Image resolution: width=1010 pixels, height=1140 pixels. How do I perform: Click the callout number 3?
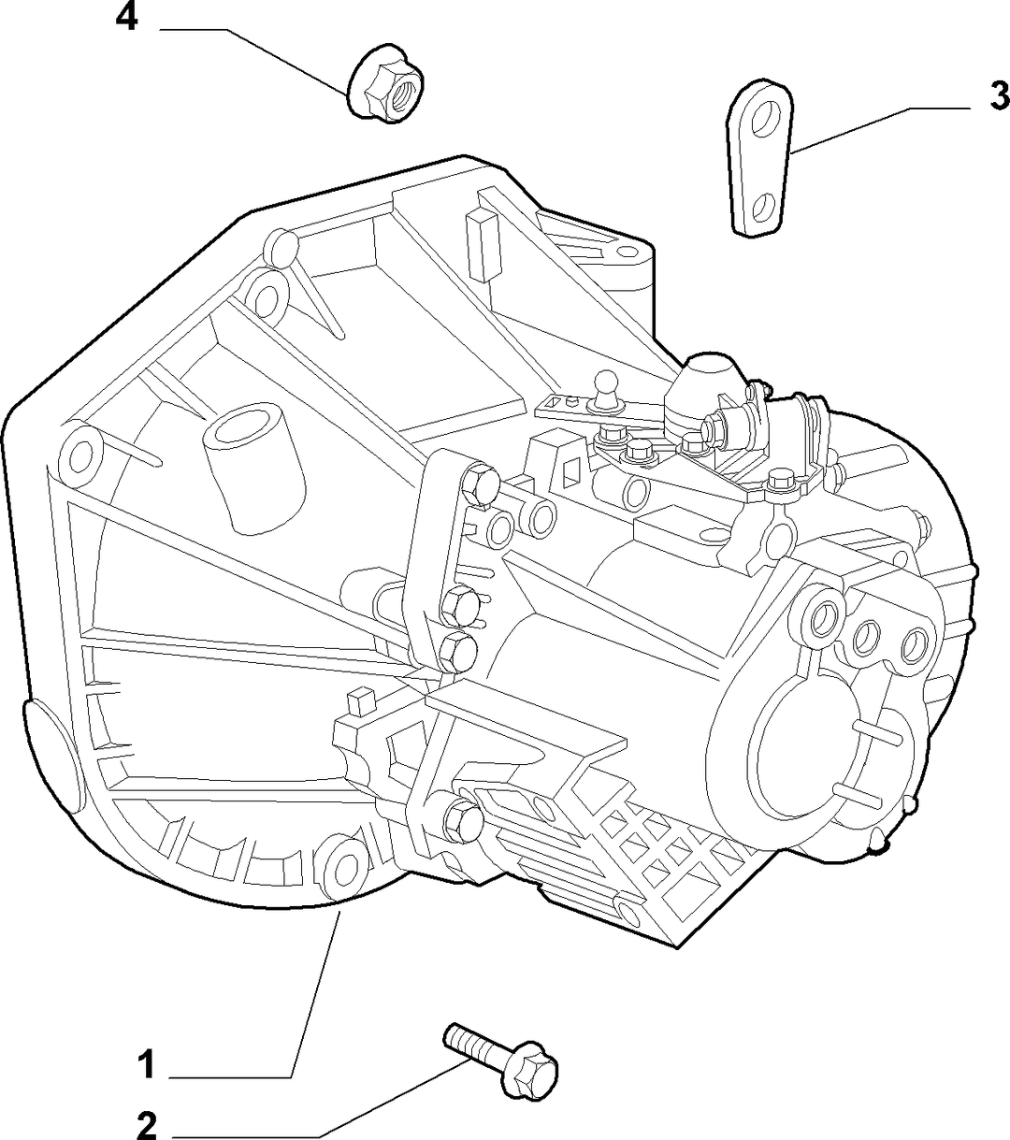coord(999,95)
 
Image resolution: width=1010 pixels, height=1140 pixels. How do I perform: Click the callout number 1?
coord(146,1063)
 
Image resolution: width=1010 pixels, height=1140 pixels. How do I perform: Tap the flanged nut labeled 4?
coord(385,82)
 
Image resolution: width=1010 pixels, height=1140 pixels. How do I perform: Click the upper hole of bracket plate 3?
coord(762,118)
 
